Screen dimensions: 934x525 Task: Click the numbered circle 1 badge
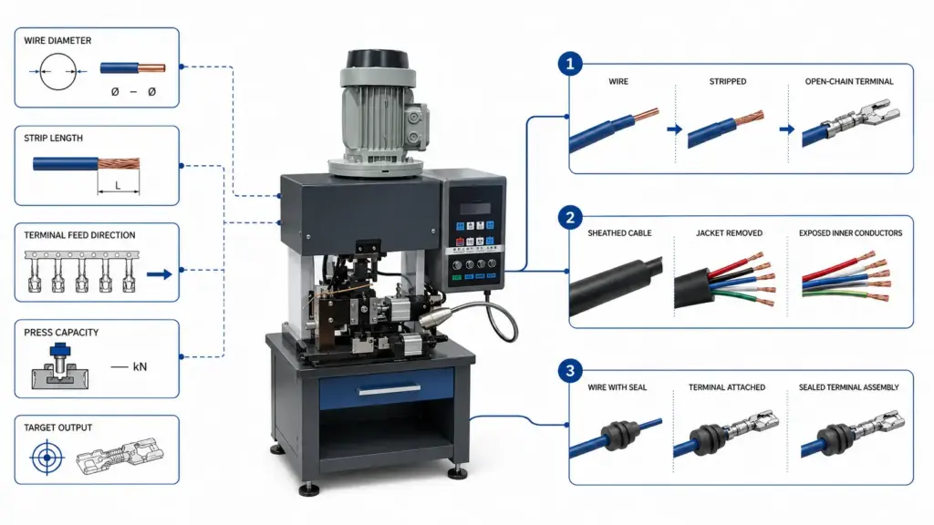(570, 63)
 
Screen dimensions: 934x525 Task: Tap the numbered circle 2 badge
(570, 217)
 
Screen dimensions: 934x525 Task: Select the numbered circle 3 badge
(570, 371)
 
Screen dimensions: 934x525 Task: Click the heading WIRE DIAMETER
(57, 40)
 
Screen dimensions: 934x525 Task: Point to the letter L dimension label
(118, 186)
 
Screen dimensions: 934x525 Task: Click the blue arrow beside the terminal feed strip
(159, 274)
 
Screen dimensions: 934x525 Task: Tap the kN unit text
(140, 366)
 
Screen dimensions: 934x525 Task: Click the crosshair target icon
(47, 458)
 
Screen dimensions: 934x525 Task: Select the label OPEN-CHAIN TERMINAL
(849, 81)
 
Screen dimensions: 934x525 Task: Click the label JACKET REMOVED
(729, 233)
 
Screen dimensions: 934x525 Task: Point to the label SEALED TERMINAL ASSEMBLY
(849, 387)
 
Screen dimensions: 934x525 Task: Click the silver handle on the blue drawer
(389, 390)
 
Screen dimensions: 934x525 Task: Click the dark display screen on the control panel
(474, 209)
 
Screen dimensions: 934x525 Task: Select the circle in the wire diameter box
(57, 71)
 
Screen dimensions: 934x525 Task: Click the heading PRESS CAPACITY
(61, 332)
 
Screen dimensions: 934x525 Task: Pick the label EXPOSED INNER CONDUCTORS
(851, 233)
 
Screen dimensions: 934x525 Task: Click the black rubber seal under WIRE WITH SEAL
(620, 431)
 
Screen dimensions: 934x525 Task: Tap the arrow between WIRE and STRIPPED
(674, 129)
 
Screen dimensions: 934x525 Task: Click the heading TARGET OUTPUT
(57, 427)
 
